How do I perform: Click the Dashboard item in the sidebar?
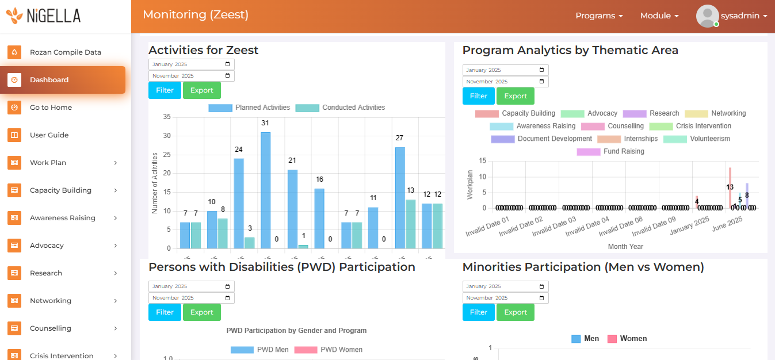click(49, 80)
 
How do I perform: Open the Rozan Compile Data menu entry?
click(65, 52)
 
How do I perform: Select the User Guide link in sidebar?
click(49, 135)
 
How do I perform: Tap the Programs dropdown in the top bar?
click(599, 16)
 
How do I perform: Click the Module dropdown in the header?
click(659, 16)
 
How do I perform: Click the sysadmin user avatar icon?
click(707, 16)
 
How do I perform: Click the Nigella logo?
click(44, 16)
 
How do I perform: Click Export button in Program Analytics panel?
click(516, 96)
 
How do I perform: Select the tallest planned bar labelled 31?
click(265, 190)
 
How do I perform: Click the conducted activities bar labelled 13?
click(411, 224)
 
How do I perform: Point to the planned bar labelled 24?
click(239, 203)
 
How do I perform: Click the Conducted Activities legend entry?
click(340, 108)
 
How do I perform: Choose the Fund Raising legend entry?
click(611, 152)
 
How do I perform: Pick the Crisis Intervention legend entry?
click(690, 127)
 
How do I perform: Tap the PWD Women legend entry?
click(329, 350)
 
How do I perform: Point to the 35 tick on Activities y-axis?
click(167, 117)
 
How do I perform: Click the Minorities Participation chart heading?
click(583, 267)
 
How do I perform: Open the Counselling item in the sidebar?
click(51, 328)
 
